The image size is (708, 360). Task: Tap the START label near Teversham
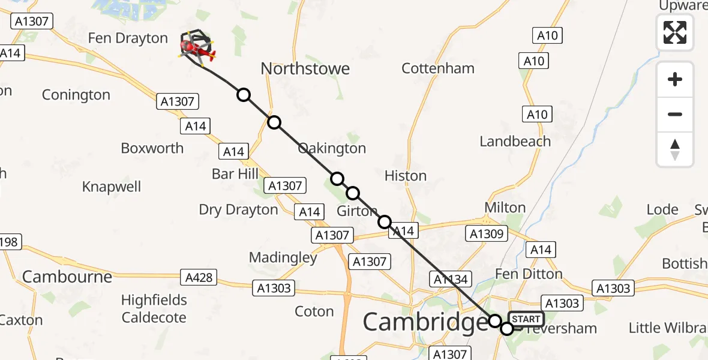(526, 319)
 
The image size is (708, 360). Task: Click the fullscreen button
(675, 32)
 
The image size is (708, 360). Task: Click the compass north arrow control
(675, 149)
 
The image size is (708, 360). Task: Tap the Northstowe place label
(305, 69)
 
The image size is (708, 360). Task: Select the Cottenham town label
(438, 68)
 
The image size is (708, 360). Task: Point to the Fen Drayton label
(128, 38)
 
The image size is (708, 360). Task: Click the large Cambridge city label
(425, 322)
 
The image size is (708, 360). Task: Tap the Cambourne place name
(67, 277)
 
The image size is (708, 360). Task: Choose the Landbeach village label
(515, 141)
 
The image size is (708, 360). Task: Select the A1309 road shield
(486, 233)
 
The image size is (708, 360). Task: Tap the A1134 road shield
(450, 278)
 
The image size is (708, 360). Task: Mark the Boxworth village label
(152, 148)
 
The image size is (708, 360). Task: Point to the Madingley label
(283, 257)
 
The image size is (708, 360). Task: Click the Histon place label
(406, 176)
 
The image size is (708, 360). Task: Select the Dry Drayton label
(239, 209)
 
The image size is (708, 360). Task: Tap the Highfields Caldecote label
(154, 308)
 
